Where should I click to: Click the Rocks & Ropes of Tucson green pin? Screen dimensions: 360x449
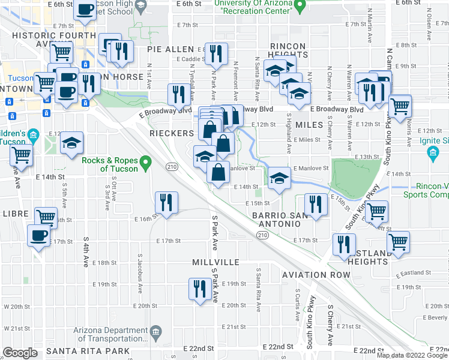tap(145, 162)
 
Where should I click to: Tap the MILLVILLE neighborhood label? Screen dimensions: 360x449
tap(215, 263)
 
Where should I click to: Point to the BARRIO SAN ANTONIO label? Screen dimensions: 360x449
tap(276, 219)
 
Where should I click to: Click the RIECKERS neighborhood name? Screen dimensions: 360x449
tap(171, 133)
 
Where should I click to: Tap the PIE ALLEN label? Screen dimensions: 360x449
tap(171, 49)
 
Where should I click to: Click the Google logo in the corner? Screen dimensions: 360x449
tap(20, 353)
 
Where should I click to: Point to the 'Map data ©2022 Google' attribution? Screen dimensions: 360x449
tap(412, 355)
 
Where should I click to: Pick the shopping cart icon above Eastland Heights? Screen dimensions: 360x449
tap(397, 242)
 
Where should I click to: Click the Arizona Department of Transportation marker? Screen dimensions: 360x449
tap(155, 331)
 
